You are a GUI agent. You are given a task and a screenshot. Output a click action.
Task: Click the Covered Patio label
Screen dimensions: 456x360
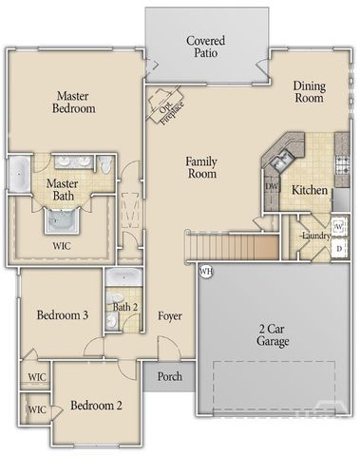click(205, 47)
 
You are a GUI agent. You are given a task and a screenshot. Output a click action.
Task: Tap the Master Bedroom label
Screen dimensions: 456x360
click(74, 102)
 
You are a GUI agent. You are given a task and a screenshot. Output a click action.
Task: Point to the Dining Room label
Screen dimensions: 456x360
click(309, 92)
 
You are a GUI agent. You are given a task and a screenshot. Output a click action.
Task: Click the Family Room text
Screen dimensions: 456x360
click(201, 167)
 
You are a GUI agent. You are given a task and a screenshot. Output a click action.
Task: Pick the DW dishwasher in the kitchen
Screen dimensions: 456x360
click(273, 188)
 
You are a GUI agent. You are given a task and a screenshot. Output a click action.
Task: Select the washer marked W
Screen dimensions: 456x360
click(339, 228)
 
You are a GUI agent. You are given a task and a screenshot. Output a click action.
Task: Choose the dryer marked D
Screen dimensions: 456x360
click(339, 248)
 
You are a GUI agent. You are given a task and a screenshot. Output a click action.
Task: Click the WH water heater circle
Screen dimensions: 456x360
click(205, 273)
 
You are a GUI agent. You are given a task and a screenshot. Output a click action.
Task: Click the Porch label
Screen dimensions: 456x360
click(170, 375)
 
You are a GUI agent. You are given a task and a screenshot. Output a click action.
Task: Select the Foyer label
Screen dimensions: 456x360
click(170, 315)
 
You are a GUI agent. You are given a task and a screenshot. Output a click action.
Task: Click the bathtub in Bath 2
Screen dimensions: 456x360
click(123, 278)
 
